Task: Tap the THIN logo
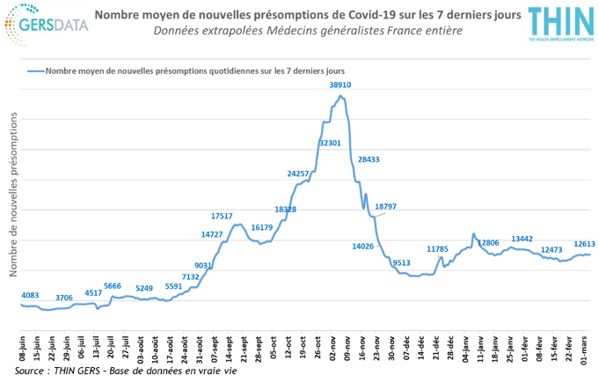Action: click(x=559, y=24)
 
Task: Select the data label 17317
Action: click(x=223, y=215)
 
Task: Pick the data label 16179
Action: click(x=262, y=227)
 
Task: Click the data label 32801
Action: click(x=331, y=141)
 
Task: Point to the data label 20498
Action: click(x=370, y=159)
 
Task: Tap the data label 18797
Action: click(x=385, y=206)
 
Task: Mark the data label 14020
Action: click(x=363, y=247)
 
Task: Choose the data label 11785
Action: click(x=437, y=249)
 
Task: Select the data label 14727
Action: click(x=212, y=234)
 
